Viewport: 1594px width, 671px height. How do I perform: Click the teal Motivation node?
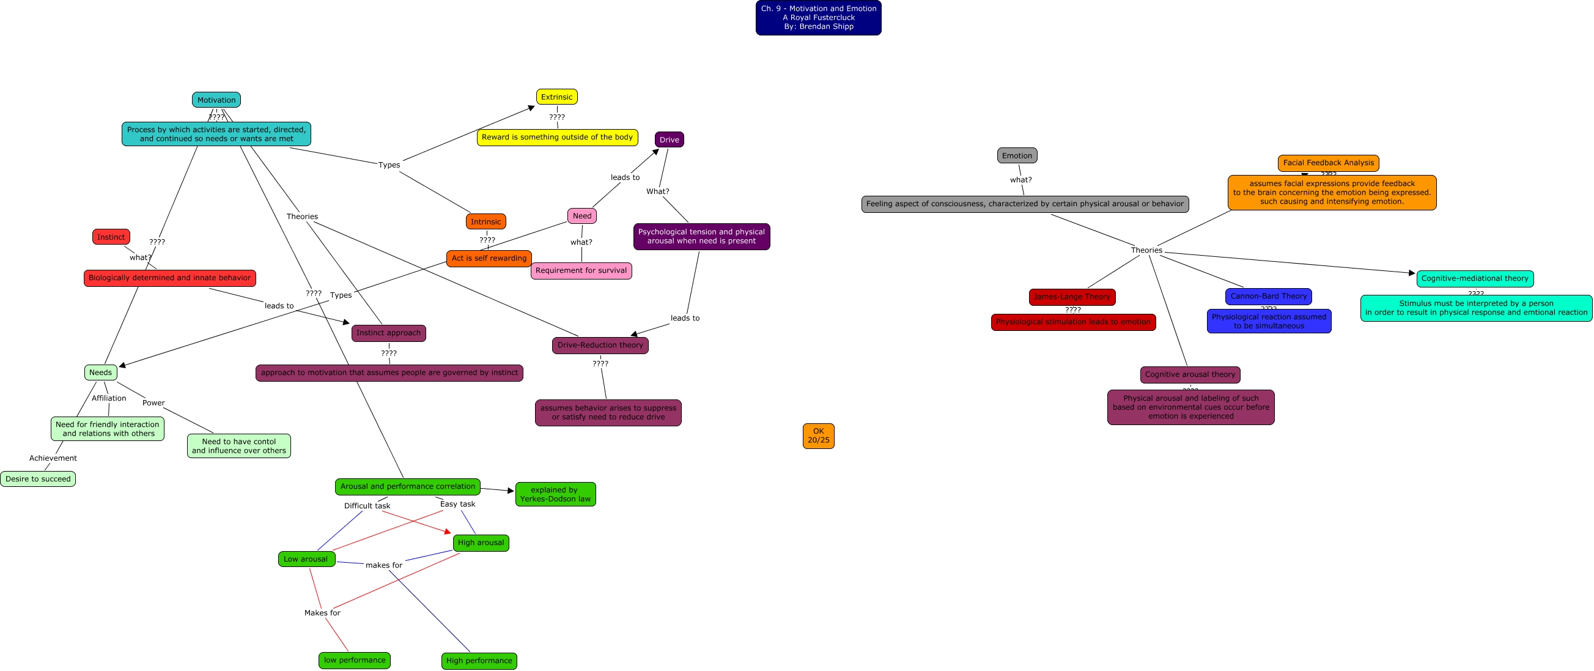[216, 100]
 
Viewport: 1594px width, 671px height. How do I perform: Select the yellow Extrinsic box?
[556, 97]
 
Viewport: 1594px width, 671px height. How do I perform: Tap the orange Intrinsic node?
[485, 221]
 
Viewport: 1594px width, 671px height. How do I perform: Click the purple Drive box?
[669, 139]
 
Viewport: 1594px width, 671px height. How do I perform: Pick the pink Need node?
[581, 216]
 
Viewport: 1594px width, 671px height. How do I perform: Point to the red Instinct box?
[111, 237]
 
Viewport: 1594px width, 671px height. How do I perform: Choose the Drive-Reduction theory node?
[600, 346]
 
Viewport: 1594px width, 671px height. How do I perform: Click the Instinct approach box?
[389, 333]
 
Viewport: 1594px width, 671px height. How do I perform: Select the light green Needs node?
[100, 373]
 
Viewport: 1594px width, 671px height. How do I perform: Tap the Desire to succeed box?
[38, 479]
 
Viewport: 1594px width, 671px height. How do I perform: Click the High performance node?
[479, 661]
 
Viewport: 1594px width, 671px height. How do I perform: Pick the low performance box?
[355, 660]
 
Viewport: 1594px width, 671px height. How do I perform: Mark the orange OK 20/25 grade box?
[818, 436]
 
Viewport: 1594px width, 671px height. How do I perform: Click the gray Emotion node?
[1017, 155]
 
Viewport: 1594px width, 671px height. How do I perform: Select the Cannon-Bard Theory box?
[1269, 297]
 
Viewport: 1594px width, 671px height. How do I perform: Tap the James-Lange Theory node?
[1072, 297]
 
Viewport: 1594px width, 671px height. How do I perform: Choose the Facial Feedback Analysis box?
[1328, 163]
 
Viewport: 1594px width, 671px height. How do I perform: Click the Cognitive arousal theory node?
[1190, 374]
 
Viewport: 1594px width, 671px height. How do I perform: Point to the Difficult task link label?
[367, 506]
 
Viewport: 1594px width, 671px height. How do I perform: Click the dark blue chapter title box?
[818, 17]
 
